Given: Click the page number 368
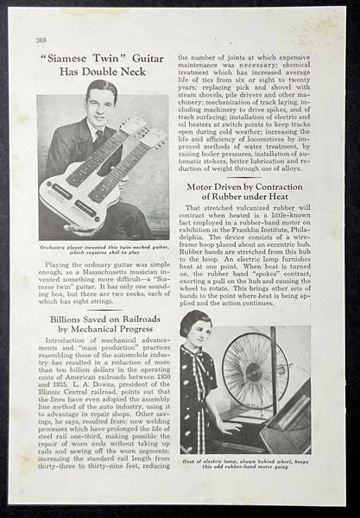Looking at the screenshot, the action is [x=41, y=40].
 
